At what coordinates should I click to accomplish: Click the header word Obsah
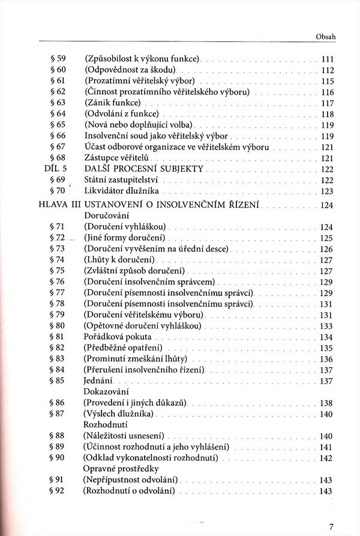[x=325, y=37]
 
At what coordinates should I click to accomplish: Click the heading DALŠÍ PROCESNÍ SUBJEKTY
[x=144, y=169]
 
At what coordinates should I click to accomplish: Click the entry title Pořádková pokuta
[x=118, y=337]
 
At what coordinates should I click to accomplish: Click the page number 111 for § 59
[x=327, y=59]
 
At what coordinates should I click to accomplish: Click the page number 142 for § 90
[x=326, y=459]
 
